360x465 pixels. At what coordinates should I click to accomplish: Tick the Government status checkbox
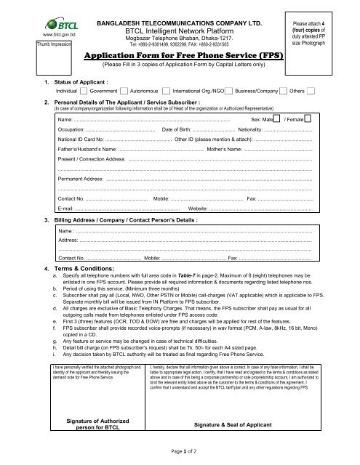coord(83,92)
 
